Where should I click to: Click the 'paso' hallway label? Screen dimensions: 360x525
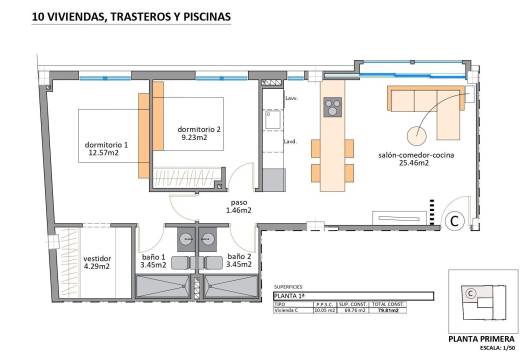pos(237,201)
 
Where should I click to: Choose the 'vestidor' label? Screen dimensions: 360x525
pos(96,257)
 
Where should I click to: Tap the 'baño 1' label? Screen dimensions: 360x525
pos(155,257)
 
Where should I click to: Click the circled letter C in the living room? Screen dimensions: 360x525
pos(453,220)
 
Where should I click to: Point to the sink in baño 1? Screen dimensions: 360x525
pos(186,240)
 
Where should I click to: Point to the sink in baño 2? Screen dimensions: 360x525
pos(209,240)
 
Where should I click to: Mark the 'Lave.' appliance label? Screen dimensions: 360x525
pos(291,98)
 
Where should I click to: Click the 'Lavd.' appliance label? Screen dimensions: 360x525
pos(291,140)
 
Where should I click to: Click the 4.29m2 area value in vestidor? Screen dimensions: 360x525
pos(96,267)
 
